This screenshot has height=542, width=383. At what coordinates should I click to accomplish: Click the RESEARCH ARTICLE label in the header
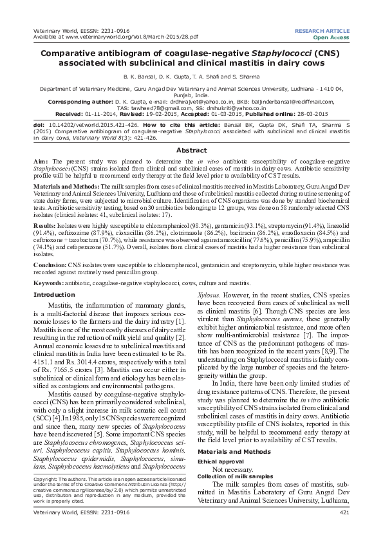tap(322, 30)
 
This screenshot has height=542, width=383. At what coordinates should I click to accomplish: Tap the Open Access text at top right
tap(330, 37)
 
